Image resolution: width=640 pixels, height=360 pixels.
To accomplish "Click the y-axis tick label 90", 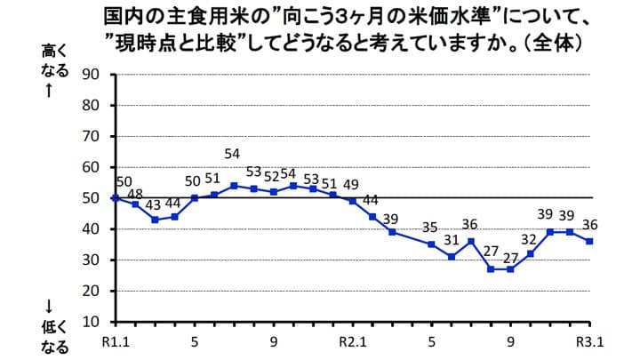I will coord(91,74).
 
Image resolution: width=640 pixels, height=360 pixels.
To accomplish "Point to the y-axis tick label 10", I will coord(91,321).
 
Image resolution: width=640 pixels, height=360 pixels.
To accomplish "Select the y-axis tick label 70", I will coord(91,136).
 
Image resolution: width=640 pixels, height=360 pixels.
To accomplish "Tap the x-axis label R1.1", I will coord(116,340).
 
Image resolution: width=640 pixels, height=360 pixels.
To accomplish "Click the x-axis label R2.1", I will coord(353,340).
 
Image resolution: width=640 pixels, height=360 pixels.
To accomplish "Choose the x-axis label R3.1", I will coord(589,340).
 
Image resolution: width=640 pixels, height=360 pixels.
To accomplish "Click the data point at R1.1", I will coord(116,197).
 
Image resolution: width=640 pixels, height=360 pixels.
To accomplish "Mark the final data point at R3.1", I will coord(589,241).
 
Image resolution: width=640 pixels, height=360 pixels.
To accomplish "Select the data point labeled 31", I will coord(452,256).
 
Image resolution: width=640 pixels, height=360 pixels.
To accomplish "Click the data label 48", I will coord(135,193).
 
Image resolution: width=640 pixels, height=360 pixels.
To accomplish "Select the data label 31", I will coord(452,240).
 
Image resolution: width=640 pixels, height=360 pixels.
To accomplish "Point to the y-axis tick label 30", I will coord(91,260).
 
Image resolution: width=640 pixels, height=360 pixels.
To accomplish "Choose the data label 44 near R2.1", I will coord(372,200).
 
